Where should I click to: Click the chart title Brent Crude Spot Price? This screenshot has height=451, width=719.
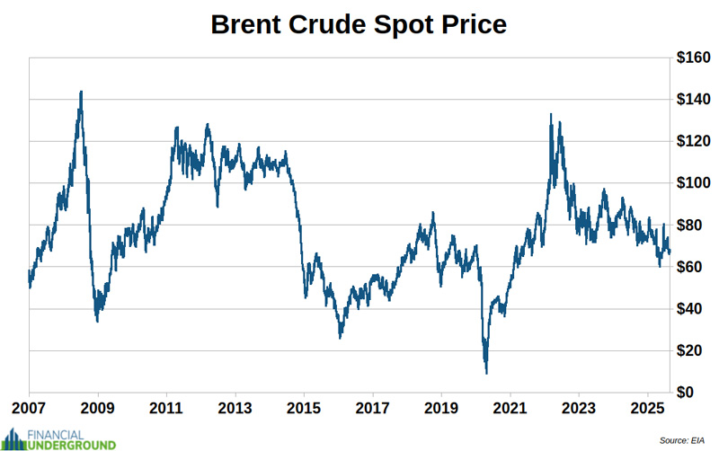(359, 24)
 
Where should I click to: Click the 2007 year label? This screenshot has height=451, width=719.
(30, 407)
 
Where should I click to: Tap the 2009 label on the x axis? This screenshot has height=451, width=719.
(98, 407)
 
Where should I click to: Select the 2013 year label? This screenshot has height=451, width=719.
(235, 407)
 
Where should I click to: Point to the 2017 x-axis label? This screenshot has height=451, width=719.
(373, 407)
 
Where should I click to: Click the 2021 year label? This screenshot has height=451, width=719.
(510, 407)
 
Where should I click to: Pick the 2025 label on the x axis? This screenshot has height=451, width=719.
(647, 407)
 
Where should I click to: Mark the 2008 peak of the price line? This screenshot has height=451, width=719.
(81, 92)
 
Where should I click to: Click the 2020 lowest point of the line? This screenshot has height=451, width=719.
(486, 372)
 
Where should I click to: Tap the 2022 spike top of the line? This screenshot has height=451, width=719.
(550, 114)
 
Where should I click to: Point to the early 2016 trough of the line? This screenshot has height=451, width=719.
(340, 337)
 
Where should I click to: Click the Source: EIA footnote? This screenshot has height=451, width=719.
(685, 440)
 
